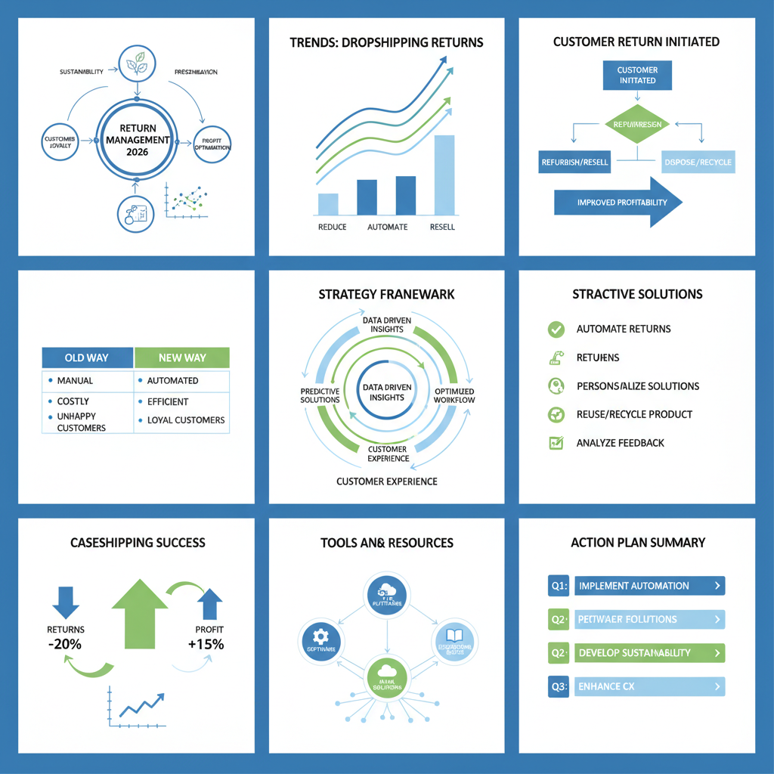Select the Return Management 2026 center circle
click(x=138, y=141)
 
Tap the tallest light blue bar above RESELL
click(x=444, y=175)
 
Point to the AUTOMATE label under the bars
click(x=387, y=227)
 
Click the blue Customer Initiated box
click(x=637, y=75)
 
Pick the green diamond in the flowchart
click(x=637, y=125)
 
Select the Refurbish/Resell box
click(x=574, y=162)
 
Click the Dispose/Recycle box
click(x=697, y=162)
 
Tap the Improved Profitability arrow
click(x=618, y=203)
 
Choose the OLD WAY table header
click(x=88, y=358)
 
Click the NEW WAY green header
click(x=181, y=358)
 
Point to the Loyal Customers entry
click(x=186, y=420)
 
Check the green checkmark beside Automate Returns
click(x=556, y=329)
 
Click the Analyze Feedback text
click(x=620, y=443)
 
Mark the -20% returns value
click(x=65, y=645)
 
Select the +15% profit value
click(x=206, y=645)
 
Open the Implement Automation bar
click(x=649, y=586)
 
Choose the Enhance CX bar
click(x=649, y=686)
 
